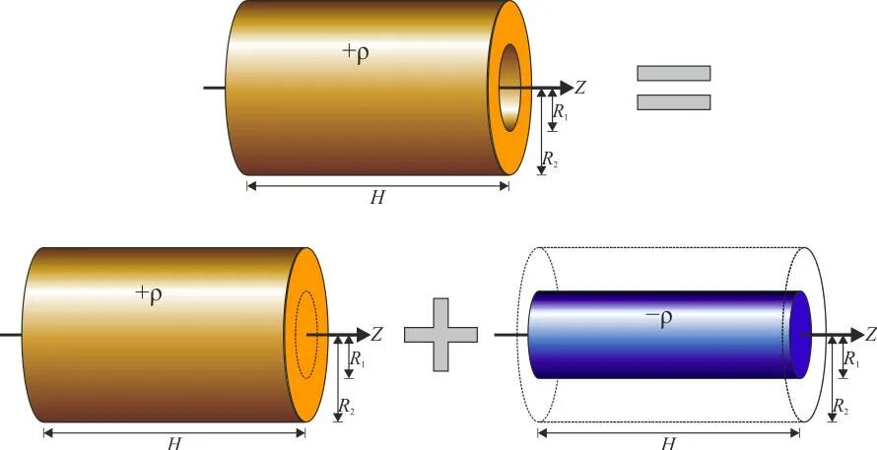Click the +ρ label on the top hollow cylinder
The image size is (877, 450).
pos(356,54)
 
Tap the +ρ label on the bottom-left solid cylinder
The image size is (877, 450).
pos(149,294)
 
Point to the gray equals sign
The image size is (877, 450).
pos(673,87)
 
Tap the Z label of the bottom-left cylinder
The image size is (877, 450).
pos(376,335)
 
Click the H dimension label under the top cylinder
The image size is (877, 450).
pos(376,198)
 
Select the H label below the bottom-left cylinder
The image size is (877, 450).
pos(173,443)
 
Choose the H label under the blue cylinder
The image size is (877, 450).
pos(668,443)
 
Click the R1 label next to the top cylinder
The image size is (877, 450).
pos(561,113)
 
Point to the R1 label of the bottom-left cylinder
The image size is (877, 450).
pos(358,359)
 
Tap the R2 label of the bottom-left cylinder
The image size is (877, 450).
pos(347,406)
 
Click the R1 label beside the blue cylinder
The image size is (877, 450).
pos(851,359)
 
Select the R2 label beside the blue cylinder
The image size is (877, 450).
pos(842,406)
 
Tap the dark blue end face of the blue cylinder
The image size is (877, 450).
pos(800,334)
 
